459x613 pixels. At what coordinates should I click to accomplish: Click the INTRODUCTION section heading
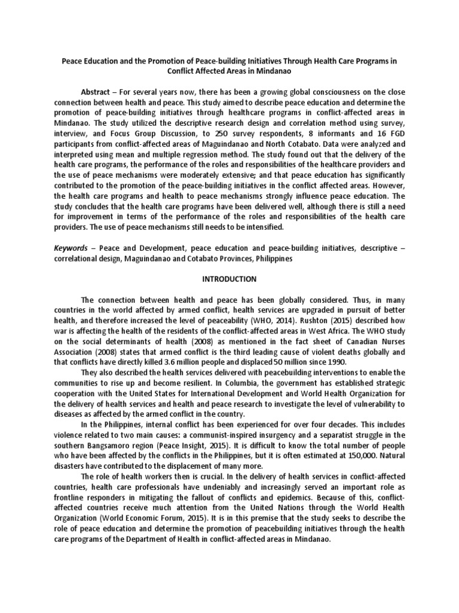click(229, 279)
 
